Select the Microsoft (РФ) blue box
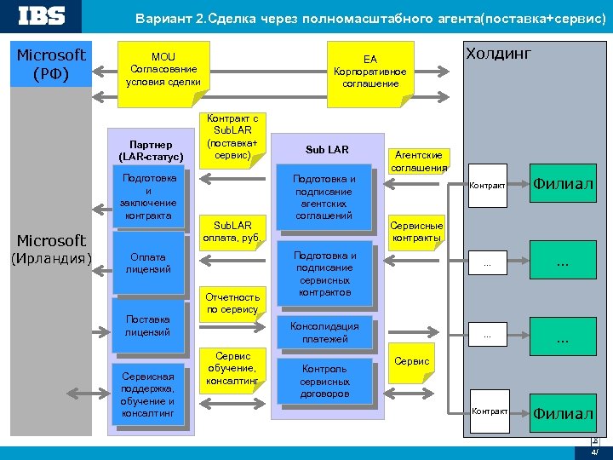pos(52,64)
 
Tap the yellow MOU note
pos(163,70)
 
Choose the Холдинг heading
pos(497,55)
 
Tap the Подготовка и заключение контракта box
pos(148,197)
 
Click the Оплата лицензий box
pos(148,263)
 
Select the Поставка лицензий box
pos(148,325)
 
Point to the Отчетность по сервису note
pos(232,303)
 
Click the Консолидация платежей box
pos(324,332)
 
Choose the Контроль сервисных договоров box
pos(324,381)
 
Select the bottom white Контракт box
pos(489,411)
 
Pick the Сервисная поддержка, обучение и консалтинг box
pos(148,394)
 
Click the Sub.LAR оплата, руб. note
pos(232,231)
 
